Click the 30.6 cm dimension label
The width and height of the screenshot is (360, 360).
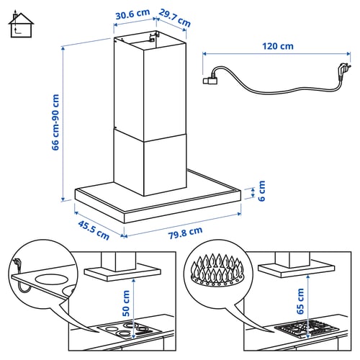pos(132,14)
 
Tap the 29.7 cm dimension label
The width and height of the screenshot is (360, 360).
pos(175,18)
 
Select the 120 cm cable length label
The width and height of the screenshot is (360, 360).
pos(278,46)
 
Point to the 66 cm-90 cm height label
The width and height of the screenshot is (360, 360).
pos(55,122)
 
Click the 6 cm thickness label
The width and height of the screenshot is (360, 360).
pos(261,191)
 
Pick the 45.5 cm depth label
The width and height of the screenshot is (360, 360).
pos(94,230)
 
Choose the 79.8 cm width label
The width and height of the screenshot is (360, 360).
pos(185,233)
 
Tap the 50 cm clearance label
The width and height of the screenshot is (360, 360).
pos(126,303)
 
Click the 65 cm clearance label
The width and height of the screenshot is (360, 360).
pos(300,301)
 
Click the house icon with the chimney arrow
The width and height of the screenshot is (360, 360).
pos(21,25)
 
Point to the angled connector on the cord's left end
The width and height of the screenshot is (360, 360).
pos(210,80)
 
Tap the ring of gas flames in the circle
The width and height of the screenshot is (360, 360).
pos(217,270)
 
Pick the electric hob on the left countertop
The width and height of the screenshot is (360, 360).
pos(130,330)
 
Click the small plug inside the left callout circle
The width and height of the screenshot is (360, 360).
pos(17,262)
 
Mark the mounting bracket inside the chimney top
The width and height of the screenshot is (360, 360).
pos(153,37)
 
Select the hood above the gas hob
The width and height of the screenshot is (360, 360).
pos(296,266)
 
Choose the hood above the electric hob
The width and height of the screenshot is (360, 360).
pos(122,269)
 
